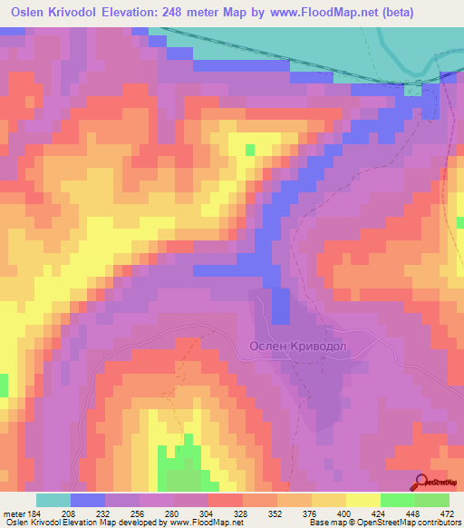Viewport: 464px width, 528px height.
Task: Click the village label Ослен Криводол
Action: click(x=299, y=346)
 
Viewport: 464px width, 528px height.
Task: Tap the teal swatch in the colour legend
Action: click(x=53, y=500)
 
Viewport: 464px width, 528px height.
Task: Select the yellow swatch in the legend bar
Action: click(x=362, y=500)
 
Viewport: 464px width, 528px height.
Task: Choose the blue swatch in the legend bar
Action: click(x=88, y=500)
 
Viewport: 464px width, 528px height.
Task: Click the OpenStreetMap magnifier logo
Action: click(x=420, y=482)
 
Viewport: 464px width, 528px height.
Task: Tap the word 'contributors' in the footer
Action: click(x=433, y=522)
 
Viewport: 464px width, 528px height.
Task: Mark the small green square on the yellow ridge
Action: click(x=250, y=149)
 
